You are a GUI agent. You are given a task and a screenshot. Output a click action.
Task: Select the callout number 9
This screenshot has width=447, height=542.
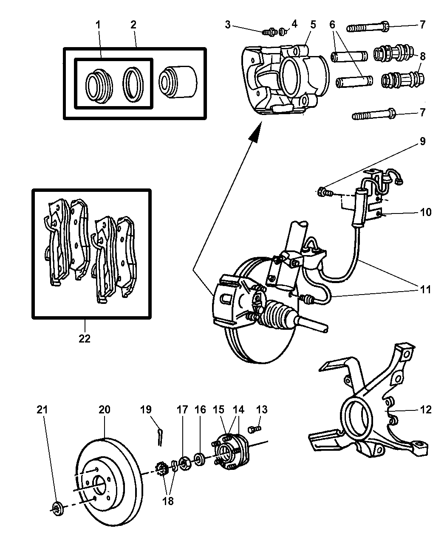click(422, 141)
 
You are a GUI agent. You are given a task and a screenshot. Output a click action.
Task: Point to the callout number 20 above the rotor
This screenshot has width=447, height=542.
click(105, 410)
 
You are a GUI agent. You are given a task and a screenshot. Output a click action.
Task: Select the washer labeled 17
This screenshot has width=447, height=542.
click(184, 463)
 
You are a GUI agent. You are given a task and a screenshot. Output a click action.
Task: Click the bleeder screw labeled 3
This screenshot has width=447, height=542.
click(268, 31)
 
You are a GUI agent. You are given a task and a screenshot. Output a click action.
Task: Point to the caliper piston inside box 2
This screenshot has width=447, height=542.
click(177, 81)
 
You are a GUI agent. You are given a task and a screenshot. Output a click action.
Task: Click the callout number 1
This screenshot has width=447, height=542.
click(98, 25)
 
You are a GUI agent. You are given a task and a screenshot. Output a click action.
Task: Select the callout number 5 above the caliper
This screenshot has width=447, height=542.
click(313, 25)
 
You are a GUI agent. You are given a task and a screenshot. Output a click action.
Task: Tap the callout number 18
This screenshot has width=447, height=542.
click(168, 501)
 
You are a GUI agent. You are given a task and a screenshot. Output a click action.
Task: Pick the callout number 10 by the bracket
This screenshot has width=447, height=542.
click(425, 212)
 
